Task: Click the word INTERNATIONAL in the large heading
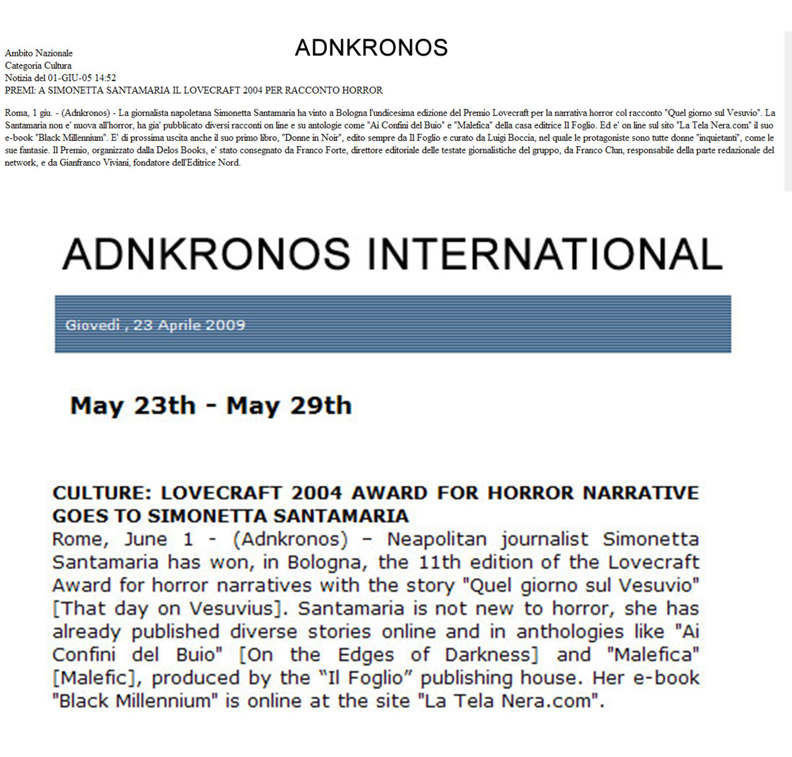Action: click(x=545, y=254)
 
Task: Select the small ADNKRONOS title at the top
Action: click(x=371, y=47)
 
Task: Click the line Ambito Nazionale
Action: click(x=39, y=53)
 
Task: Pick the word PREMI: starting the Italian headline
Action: click(x=20, y=90)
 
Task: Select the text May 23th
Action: click(x=133, y=406)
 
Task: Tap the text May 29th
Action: click(x=289, y=406)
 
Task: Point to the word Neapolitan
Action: click(x=437, y=539)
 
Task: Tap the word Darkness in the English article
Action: click(x=491, y=655)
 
